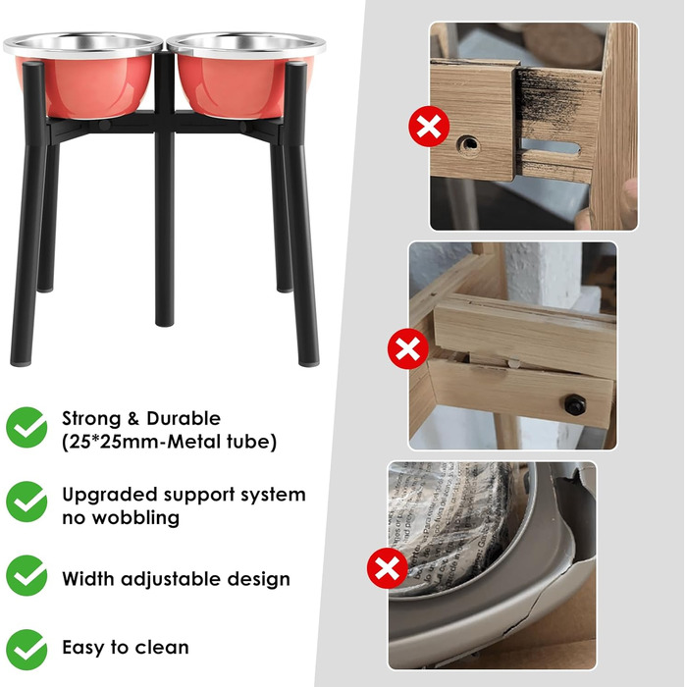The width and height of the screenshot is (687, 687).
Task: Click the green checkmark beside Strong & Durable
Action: (26, 427)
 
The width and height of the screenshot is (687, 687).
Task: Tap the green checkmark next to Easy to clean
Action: (26, 650)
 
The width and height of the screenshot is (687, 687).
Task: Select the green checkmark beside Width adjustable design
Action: (26, 575)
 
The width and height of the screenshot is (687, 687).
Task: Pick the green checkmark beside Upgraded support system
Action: (26, 502)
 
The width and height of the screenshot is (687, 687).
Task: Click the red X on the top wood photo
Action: (429, 127)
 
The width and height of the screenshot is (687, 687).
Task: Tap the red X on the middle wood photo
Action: (408, 348)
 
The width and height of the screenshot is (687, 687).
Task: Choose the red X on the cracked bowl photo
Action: (388, 568)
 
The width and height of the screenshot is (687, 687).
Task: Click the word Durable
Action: (184, 418)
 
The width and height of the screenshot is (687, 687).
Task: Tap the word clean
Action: (162, 647)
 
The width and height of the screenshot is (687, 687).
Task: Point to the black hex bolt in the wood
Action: (574, 404)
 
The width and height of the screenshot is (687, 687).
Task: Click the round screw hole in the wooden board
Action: (468, 144)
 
